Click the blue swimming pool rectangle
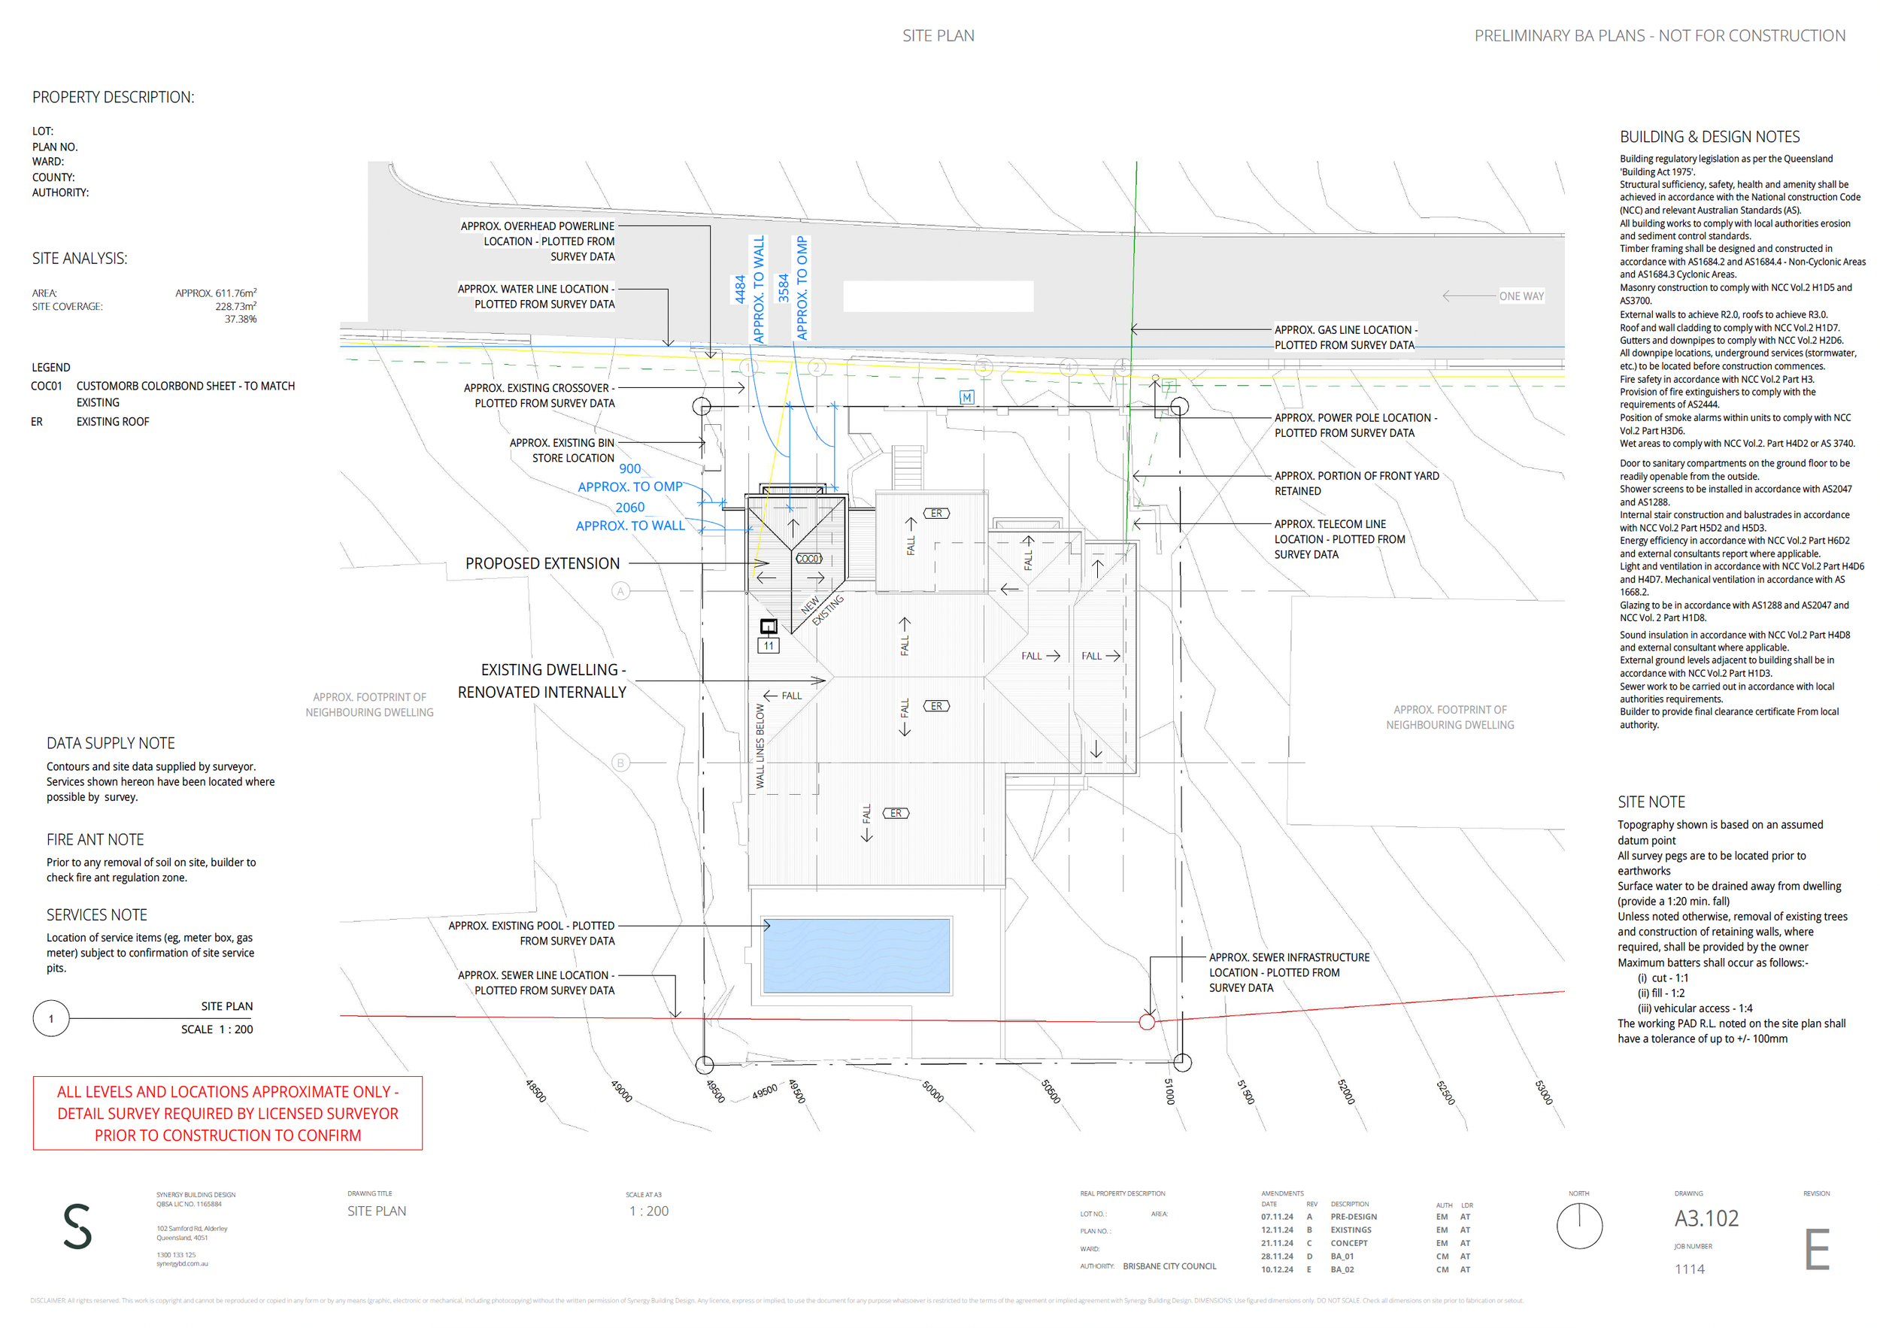tap(856, 956)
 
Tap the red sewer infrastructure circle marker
tap(1147, 1022)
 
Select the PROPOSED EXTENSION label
tap(542, 563)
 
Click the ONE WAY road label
tap(1521, 296)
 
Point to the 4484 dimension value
tap(740, 289)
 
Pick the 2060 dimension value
tap(629, 508)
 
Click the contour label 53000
tap(1542, 1092)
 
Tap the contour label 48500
tap(535, 1090)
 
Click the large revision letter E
tap(1816, 1251)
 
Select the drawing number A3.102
tap(1706, 1218)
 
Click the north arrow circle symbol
tap(1578, 1226)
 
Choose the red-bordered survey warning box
tap(228, 1114)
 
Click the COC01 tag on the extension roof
tap(808, 559)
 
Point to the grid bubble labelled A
tap(620, 591)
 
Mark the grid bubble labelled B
tap(620, 763)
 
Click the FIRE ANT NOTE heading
tap(95, 839)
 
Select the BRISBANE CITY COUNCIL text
tap(1169, 1266)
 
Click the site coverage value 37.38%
tap(241, 320)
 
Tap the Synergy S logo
tap(77, 1226)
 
